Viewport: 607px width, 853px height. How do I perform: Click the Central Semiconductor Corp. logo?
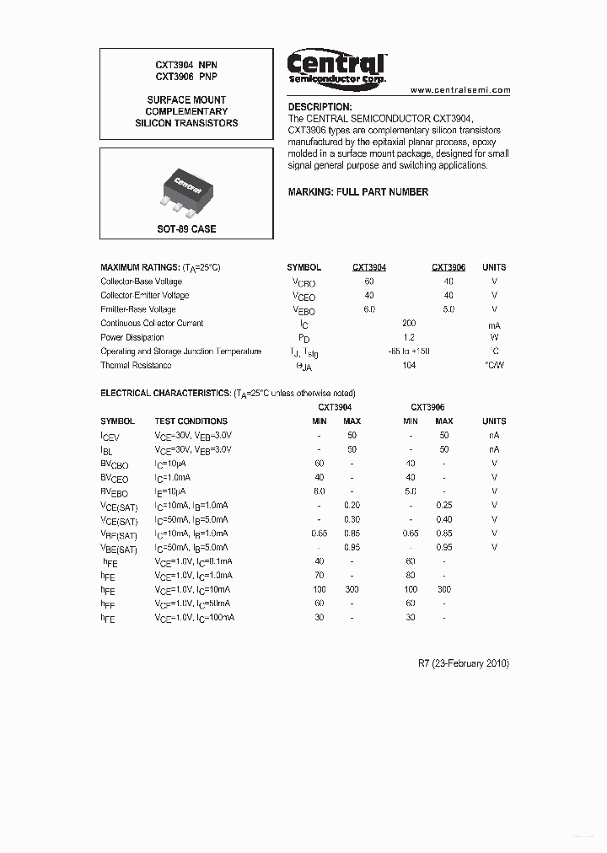336,67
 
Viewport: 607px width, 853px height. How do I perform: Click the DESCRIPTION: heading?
320,107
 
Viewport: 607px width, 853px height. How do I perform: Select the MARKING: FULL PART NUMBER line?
357,192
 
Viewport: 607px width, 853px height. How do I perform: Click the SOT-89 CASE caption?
186,229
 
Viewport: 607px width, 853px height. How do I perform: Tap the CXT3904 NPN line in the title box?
186,65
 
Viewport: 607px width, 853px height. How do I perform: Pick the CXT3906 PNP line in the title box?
186,77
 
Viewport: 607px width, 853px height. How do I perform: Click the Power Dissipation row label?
132,337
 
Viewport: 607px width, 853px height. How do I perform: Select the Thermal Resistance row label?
136,365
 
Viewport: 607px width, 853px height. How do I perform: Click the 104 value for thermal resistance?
410,365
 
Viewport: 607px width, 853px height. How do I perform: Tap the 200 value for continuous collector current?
410,323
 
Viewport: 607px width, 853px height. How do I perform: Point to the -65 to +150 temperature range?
409,351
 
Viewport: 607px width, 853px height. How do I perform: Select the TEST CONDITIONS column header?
191,421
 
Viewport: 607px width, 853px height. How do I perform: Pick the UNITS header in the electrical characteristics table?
494,421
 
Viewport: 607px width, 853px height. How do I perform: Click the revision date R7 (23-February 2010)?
464,663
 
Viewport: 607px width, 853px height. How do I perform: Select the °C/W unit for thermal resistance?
494,365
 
